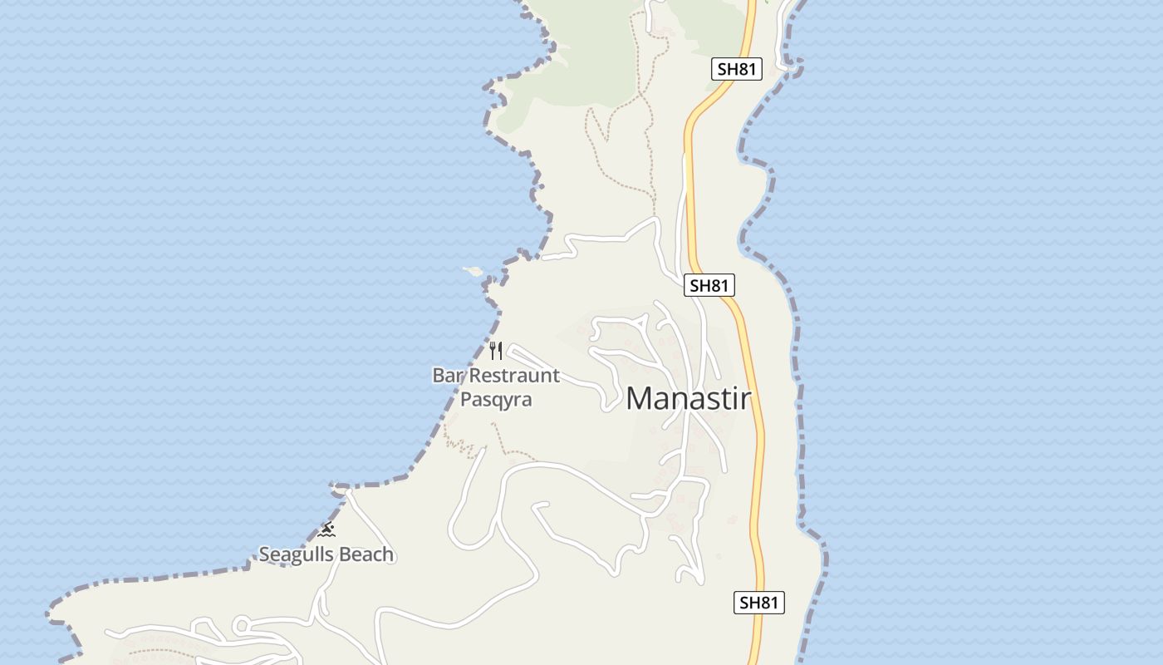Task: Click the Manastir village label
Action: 688,399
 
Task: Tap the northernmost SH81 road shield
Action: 736,69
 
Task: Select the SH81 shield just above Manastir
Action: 709,286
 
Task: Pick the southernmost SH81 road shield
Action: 759,603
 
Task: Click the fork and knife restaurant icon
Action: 496,350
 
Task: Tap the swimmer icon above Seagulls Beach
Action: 326,530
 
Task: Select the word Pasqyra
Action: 496,400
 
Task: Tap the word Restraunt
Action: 514,376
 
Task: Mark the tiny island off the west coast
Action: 473,270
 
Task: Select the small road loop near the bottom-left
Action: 242,625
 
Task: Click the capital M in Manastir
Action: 640,399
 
